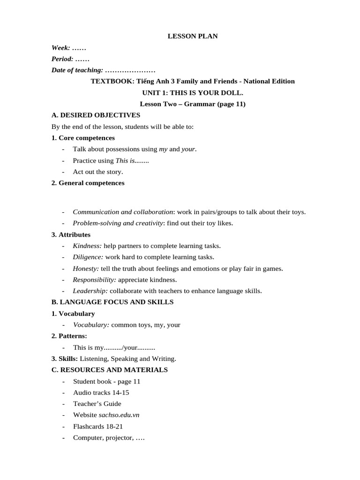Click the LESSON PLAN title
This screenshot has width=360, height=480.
[x=193, y=36]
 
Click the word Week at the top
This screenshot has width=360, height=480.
[x=61, y=48]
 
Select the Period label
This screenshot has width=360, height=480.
[x=62, y=59]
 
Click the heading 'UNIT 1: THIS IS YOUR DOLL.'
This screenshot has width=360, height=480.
[x=193, y=93]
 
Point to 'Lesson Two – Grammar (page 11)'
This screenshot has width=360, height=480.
[x=193, y=104]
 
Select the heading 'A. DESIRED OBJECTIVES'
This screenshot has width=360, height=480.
[x=96, y=115]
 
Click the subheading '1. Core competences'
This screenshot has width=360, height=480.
[x=83, y=138]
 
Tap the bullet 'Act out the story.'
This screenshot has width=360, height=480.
[x=98, y=172]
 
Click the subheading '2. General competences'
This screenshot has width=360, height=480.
[x=88, y=183]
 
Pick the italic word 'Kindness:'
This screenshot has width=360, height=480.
[x=87, y=246]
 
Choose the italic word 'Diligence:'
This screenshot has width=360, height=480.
[x=88, y=257]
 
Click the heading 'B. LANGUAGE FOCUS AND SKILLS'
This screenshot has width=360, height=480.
[x=112, y=302]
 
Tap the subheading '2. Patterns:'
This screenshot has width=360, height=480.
[x=69, y=336]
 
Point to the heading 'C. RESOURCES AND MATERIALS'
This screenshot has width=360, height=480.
[x=109, y=370]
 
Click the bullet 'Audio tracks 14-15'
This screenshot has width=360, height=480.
[x=101, y=392]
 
